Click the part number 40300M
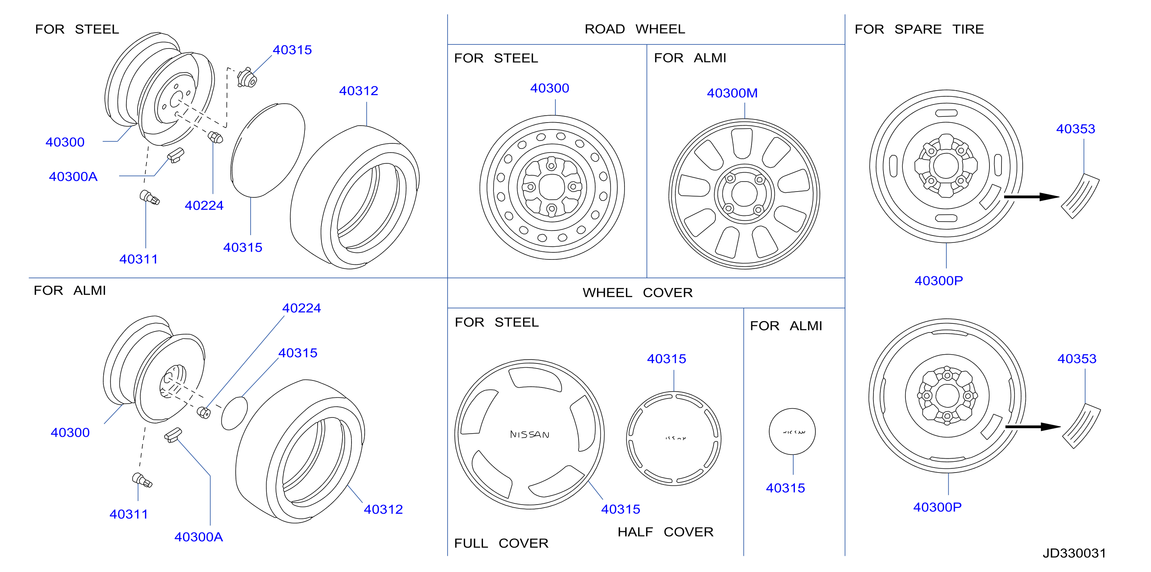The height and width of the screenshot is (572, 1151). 732,93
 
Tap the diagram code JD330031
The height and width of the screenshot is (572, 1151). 1074,553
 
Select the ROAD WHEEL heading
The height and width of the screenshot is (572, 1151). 634,29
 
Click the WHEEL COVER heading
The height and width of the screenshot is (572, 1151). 637,293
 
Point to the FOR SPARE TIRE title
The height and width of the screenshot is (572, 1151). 919,29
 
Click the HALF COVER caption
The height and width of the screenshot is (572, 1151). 665,532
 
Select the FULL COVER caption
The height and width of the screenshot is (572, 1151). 501,543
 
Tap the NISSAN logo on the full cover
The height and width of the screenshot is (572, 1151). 530,434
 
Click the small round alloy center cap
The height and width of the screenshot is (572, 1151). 792,432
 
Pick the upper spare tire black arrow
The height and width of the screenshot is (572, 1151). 1031,197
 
